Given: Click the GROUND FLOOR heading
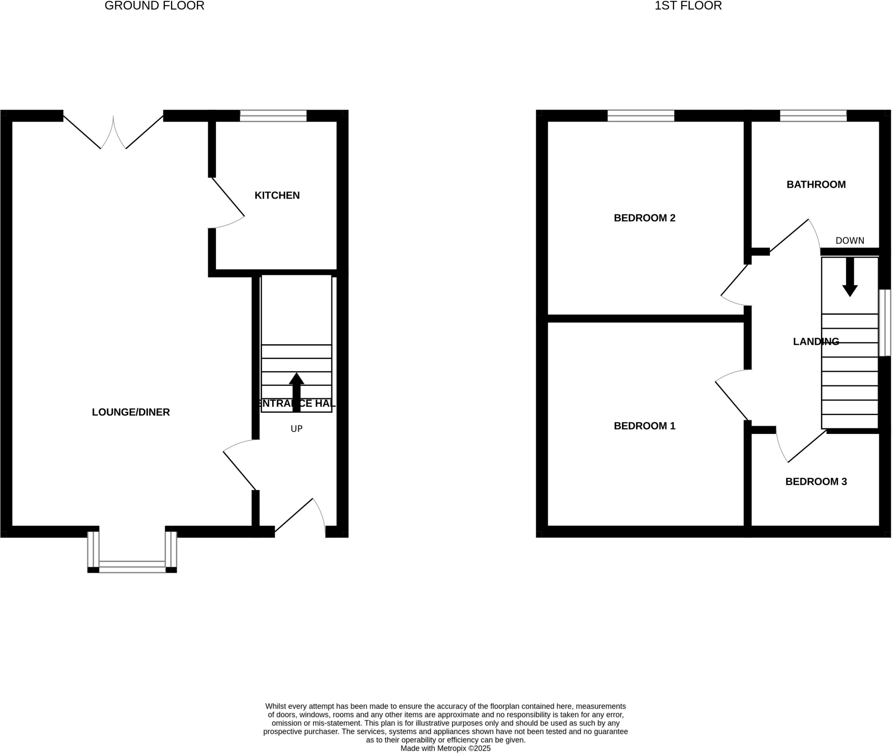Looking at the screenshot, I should coord(154,6).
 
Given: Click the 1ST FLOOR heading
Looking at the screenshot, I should coord(688,6).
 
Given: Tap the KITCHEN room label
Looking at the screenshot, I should coord(277,195).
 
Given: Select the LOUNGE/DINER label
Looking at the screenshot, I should coord(131,412).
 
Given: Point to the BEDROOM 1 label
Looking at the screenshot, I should coord(644,426).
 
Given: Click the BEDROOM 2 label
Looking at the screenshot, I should coord(644,218).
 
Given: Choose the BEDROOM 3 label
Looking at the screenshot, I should coord(816,482).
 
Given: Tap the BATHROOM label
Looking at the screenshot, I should coord(816,185).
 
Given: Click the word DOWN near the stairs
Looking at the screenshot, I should coord(850,241).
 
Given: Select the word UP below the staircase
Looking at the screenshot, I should coord(297,429).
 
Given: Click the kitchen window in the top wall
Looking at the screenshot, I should coord(273,116).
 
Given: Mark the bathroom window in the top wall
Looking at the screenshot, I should coord(813,116).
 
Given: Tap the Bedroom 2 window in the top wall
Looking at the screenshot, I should coord(641,116).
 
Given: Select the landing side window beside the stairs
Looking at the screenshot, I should coord(885,323).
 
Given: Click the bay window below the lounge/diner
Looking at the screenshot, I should coord(132,566).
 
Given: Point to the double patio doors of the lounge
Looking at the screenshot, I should coord(113,131).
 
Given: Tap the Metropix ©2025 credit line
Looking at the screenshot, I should coord(445,748).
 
